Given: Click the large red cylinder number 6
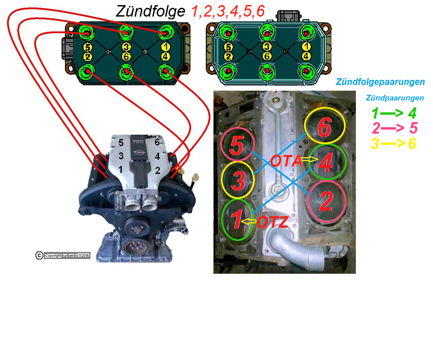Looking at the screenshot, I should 324,127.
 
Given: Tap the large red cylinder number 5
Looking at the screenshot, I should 237,145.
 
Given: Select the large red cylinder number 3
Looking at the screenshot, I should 238,180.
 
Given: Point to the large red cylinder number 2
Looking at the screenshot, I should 326,202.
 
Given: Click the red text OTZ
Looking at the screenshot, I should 273,222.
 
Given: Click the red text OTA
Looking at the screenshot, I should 286,161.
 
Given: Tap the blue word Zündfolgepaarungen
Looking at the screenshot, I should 380,82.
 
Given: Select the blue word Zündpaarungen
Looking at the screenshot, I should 395,98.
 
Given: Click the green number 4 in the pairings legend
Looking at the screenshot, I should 412,113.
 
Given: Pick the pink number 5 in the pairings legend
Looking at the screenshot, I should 413,128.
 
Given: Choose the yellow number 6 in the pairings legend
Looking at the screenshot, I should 412,144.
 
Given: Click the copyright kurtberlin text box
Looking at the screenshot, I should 67,255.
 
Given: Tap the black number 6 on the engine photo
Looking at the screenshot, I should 157,142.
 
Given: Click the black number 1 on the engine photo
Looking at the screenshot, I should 120,169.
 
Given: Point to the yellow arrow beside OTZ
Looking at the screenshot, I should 250,222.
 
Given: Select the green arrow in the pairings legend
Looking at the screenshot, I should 392,113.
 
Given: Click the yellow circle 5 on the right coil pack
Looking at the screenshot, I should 228,47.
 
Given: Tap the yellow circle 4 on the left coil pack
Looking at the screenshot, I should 165,57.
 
